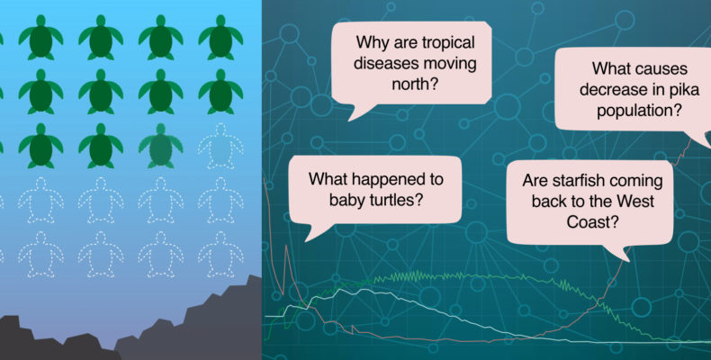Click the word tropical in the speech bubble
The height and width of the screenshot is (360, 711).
pos(448,43)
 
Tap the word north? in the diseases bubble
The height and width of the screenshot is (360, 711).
pos(415,84)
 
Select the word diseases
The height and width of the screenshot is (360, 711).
pos(382,63)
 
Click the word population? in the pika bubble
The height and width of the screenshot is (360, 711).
pos(639,110)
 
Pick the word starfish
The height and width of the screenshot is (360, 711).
pos(579,181)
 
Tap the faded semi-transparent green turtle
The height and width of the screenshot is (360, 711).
pos(160,146)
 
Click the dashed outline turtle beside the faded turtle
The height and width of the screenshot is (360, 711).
pos(220,146)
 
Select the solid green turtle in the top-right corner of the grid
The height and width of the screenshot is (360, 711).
pos(220,37)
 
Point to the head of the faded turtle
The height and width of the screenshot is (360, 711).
pos(160,130)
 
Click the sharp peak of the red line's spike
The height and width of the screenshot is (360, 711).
pos(286,247)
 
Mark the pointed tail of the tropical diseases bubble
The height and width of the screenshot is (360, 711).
pos(348,121)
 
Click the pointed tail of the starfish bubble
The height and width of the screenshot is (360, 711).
pos(630,261)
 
